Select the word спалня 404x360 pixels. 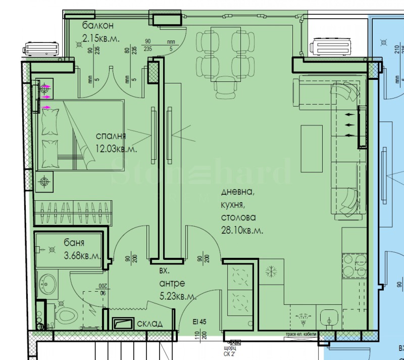(111, 136)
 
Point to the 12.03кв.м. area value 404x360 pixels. (117, 149)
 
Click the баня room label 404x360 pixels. (74, 243)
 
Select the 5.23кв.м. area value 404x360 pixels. (177, 297)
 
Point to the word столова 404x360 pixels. (238, 217)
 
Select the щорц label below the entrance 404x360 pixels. (230, 349)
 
